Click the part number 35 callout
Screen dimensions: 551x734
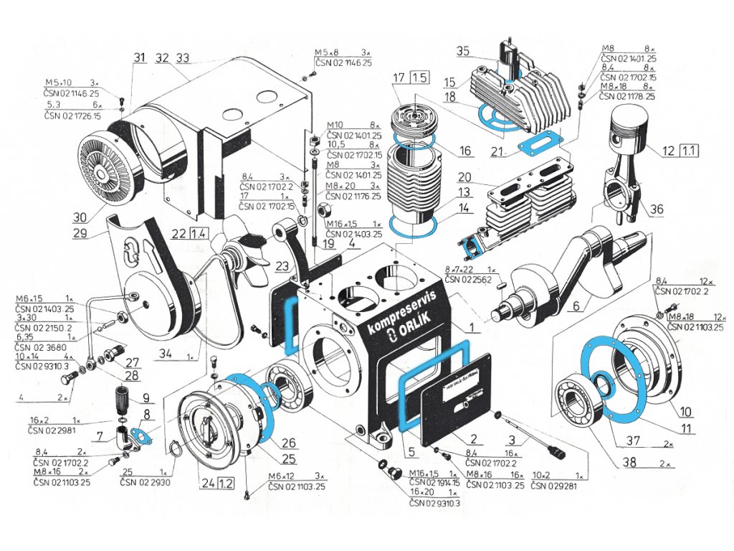[462, 51]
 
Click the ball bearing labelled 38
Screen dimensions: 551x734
[576, 402]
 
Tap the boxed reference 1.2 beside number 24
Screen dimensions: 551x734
[225, 482]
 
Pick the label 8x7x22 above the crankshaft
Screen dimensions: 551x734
[466, 268]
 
